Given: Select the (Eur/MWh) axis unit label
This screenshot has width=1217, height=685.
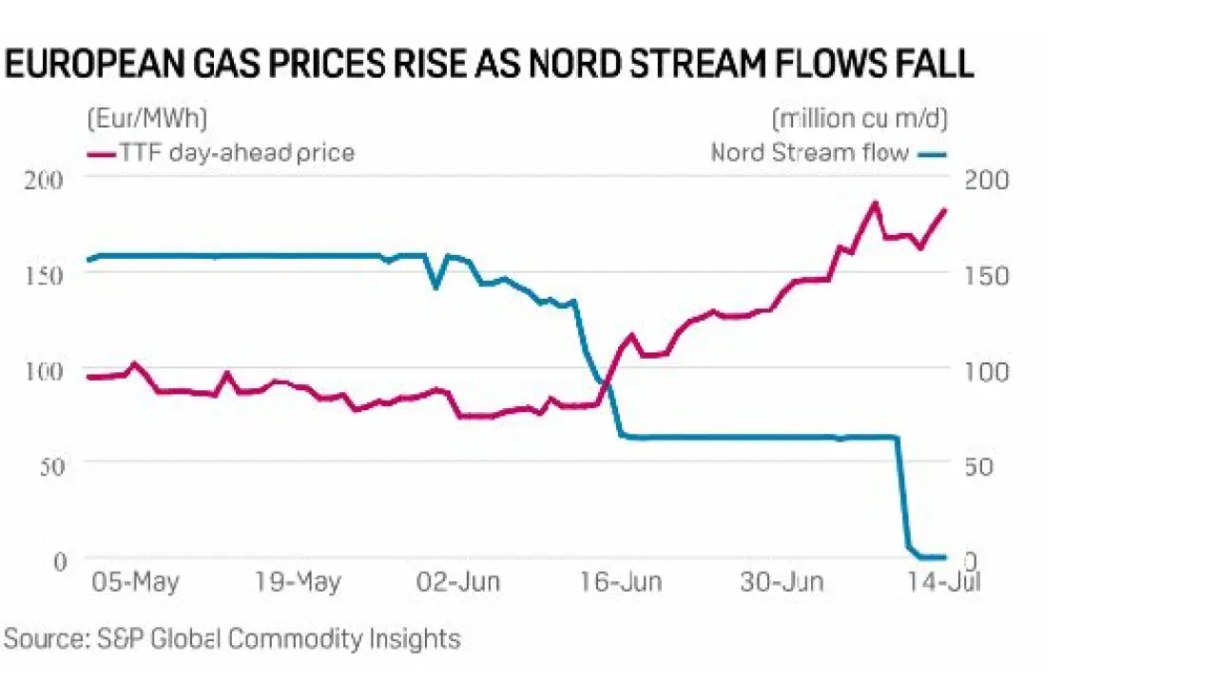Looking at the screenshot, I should point(147,119).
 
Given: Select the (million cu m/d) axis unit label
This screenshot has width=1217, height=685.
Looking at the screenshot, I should point(860,119).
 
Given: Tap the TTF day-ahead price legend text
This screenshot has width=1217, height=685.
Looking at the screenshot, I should point(237,152).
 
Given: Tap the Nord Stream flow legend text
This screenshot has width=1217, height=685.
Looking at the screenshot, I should point(810,152).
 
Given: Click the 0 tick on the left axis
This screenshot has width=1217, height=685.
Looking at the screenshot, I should point(59,559).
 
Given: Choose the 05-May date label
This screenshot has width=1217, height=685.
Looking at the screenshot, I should point(136,582).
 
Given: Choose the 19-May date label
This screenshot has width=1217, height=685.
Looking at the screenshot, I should point(298,582).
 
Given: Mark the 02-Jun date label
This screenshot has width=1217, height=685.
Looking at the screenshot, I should point(460,582).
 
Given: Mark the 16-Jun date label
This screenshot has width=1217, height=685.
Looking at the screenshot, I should point(621,582).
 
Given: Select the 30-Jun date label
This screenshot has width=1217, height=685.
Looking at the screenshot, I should point(782,582).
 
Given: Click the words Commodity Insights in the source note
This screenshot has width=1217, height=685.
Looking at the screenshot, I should point(344,638).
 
